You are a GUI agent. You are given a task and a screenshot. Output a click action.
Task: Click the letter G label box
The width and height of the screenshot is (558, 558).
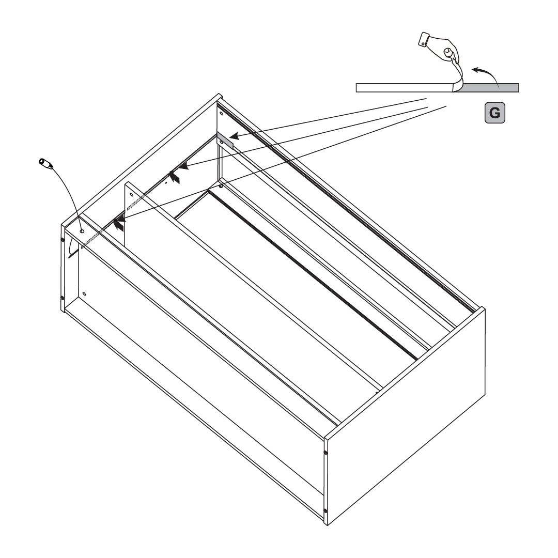(494, 112)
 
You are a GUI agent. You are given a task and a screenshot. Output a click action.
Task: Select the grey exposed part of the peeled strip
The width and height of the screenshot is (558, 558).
(491, 88)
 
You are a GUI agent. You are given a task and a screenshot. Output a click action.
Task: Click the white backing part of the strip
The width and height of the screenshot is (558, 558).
(403, 88)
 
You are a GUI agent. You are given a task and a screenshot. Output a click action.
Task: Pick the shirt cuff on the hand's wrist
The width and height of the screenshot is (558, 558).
(425, 40)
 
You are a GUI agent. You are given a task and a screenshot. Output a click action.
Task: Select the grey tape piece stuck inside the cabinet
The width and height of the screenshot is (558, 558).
(225, 139)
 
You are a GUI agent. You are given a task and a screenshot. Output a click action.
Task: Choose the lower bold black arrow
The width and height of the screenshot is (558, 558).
(119, 224)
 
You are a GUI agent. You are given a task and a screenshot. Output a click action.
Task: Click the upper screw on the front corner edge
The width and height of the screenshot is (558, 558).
(326, 453)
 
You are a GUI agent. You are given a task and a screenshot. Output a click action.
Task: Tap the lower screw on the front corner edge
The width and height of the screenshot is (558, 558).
(326, 511)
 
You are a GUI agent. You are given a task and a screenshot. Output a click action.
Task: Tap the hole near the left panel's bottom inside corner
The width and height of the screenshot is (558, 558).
(84, 294)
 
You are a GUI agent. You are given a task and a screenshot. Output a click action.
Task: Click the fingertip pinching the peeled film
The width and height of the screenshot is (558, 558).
(449, 53)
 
